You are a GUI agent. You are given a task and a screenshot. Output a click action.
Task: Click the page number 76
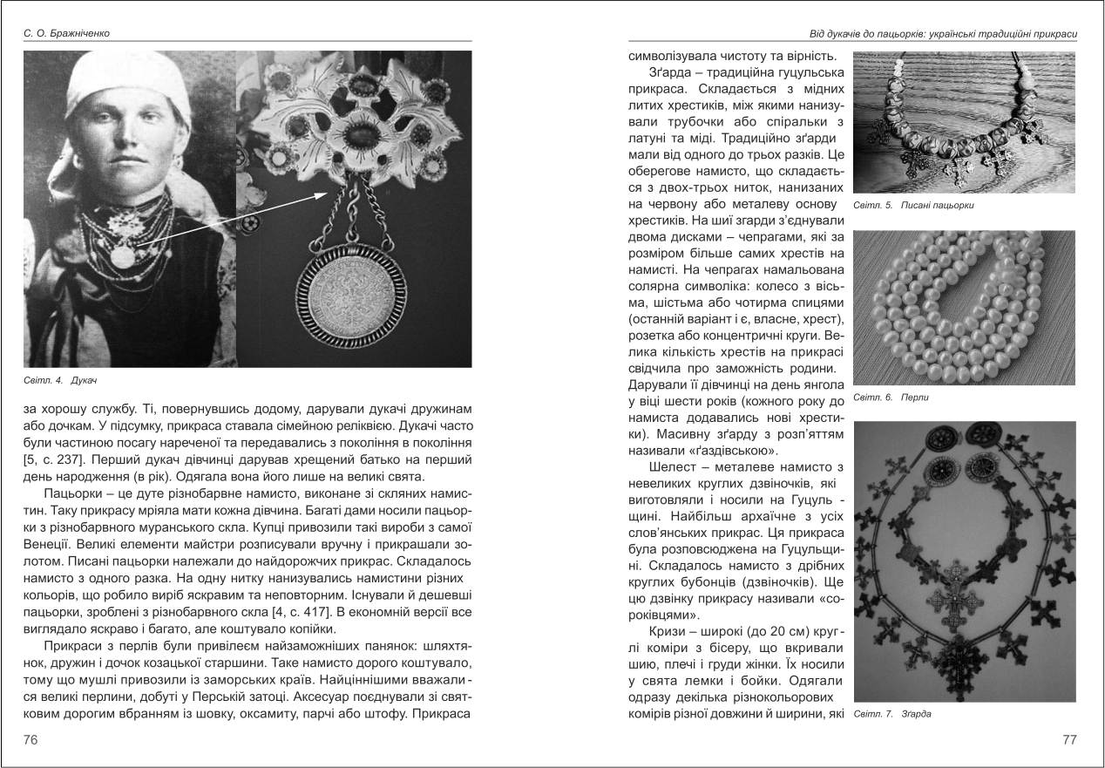point(32,739)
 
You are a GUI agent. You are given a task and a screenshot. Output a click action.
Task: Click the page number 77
point(1070,739)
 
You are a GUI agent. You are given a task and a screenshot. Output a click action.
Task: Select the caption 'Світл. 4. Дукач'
point(59,380)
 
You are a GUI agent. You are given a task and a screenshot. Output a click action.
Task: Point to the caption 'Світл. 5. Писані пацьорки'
point(913,206)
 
